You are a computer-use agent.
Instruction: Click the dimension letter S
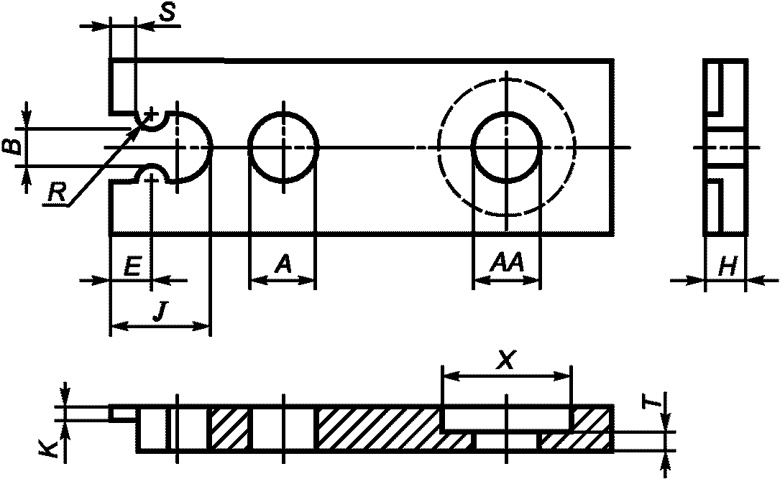pyautogui.click(x=168, y=12)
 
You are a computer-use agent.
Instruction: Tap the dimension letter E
pyautogui.click(x=132, y=266)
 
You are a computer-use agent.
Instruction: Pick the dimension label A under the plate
pyautogui.click(x=283, y=264)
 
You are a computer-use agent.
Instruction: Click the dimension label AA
pyautogui.click(x=506, y=263)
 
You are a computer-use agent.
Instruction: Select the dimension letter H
pyautogui.click(x=728, y=267)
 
